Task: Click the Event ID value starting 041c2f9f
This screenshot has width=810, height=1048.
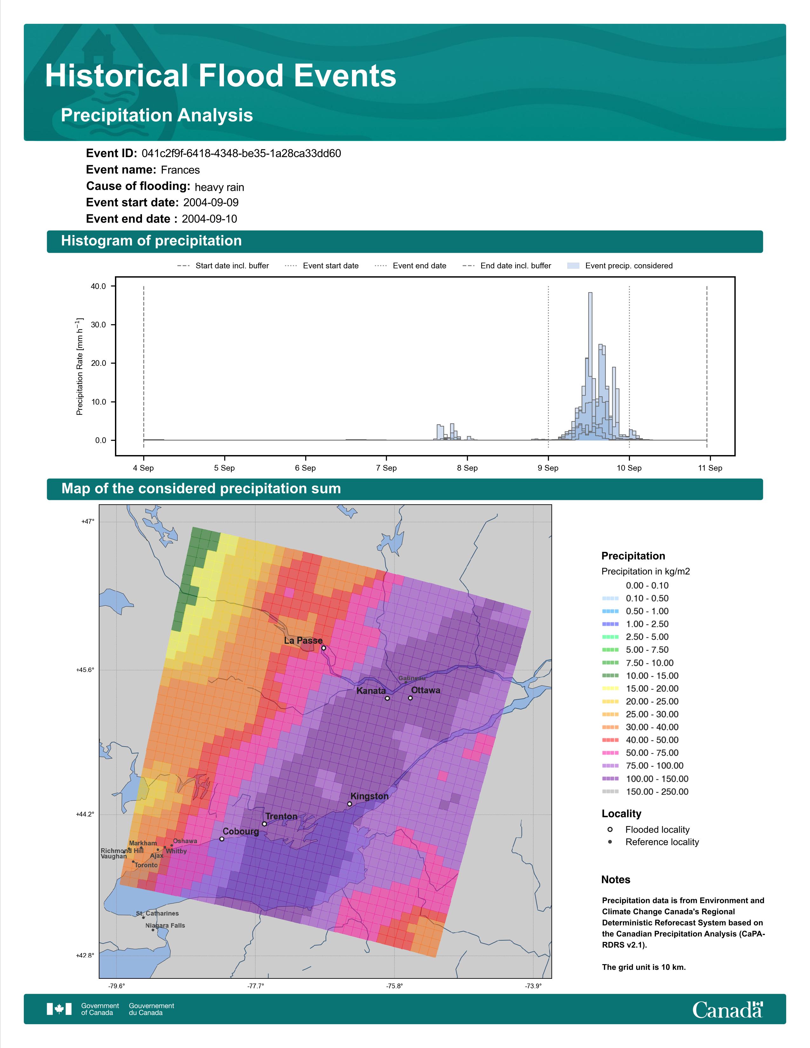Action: (241, 154)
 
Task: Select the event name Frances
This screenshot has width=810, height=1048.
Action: (180, 170)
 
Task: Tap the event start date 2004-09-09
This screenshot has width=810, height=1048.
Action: (211, 203)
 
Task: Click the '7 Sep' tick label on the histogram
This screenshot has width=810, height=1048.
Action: (386, 468)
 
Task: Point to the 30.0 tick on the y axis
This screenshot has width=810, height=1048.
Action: (99, 325)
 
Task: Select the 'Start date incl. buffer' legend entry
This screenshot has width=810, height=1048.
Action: (223, 266)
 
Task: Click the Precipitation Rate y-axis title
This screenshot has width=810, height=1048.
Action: (80, 366)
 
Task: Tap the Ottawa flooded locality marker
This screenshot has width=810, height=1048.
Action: (410, 698)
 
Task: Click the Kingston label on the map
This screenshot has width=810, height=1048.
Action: (369, 796)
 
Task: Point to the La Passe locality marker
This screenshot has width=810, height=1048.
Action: (323, 648)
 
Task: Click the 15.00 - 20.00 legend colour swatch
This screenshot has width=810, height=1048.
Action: (610, 689)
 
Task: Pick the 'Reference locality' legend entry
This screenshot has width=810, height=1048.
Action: (653, 842)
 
